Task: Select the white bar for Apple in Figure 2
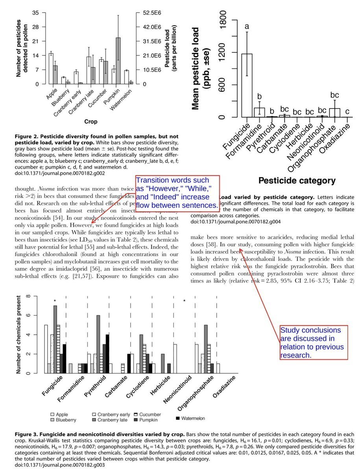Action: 51,68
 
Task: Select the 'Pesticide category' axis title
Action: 297,181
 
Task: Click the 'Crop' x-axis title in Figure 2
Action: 91,122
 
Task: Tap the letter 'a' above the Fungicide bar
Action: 247,27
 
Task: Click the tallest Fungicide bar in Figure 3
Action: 55,339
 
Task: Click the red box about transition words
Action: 177,193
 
